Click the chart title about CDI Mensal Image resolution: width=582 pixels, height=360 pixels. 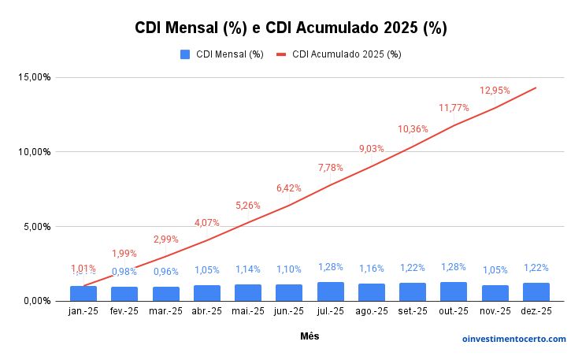291,28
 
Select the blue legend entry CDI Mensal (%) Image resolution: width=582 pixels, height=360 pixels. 222,54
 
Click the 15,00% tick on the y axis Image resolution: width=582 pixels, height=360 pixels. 34,77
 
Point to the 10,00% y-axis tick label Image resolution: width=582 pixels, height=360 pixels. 34,151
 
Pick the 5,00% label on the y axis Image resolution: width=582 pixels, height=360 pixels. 36,226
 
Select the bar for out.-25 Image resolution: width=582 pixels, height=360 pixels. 454,291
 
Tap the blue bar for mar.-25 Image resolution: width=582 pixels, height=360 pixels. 166,293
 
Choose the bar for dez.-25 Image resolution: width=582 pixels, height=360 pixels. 536,291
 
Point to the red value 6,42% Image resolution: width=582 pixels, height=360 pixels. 290,187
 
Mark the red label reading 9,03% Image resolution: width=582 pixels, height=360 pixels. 372,148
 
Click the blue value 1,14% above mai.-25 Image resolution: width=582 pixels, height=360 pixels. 248,269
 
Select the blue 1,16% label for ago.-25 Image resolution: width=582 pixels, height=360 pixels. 372,269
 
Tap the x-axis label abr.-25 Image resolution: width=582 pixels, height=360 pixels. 207,311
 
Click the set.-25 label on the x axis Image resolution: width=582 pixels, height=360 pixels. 413,311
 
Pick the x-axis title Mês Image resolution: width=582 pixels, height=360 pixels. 310,336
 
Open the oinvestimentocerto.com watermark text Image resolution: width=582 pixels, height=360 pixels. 513,339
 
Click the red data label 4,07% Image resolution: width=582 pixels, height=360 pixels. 207,222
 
